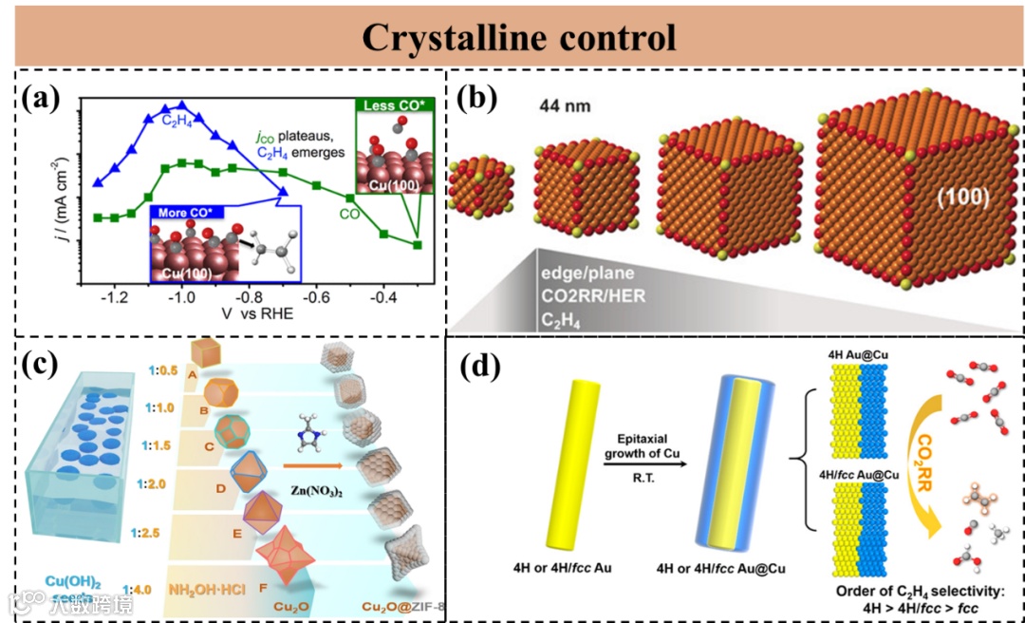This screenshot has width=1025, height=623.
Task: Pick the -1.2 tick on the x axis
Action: tap(115, 297)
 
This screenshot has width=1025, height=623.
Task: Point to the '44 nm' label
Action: tap(564, 105)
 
